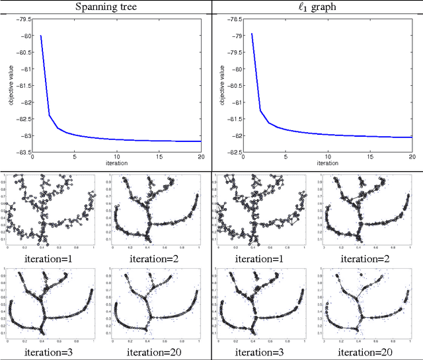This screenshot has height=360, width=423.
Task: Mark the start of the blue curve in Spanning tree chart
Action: (x=41, y=36)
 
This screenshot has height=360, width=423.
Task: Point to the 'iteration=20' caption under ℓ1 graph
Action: (x=365, y=352)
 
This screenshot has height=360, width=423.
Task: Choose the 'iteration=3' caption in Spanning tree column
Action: (x=49, y=352)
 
